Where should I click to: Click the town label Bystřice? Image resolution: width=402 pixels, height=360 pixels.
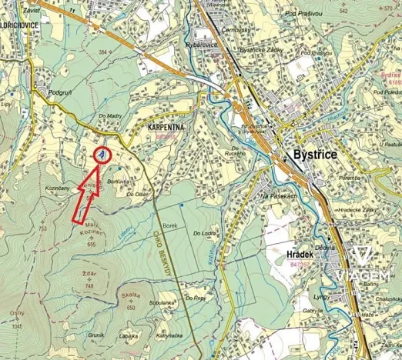click(315, 154)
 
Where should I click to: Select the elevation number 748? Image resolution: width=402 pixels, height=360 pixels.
click(89, 285)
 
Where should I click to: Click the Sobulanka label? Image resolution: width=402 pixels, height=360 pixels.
click(162, 303)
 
